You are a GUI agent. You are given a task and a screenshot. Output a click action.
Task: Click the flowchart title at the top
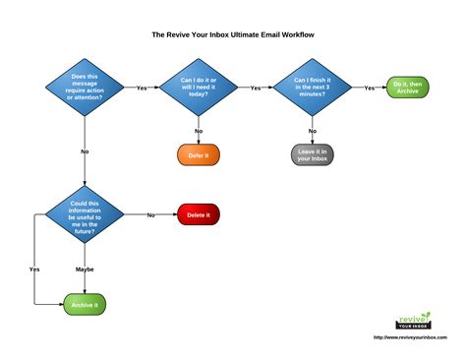(233, 33)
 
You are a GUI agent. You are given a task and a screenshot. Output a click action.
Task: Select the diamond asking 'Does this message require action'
(86, 89)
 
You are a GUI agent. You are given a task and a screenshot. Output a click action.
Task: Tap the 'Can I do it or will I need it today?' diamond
(200, 88)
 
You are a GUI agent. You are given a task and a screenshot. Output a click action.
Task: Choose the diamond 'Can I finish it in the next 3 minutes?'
(312, 88)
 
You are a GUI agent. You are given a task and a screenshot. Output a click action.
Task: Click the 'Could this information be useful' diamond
(86, 214)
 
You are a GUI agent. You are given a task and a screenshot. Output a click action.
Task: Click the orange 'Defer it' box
(199, 154)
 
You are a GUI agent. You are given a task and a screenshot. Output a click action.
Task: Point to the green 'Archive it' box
(86, 306)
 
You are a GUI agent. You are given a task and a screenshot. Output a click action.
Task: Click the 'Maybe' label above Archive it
(86, 269)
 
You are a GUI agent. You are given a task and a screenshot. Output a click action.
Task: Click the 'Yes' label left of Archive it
(34, 269)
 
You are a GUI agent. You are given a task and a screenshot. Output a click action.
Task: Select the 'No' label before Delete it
(151, 214)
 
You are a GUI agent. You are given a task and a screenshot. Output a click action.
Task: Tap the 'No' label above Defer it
(199, 130)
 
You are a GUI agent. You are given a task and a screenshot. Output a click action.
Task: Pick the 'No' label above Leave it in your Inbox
(312, 130)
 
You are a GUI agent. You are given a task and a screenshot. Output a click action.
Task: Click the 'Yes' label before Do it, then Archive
(369, 88)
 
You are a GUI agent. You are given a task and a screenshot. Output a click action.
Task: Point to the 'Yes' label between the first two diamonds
(143, 88)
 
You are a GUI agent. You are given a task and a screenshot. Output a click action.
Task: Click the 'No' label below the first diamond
(86, 152)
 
